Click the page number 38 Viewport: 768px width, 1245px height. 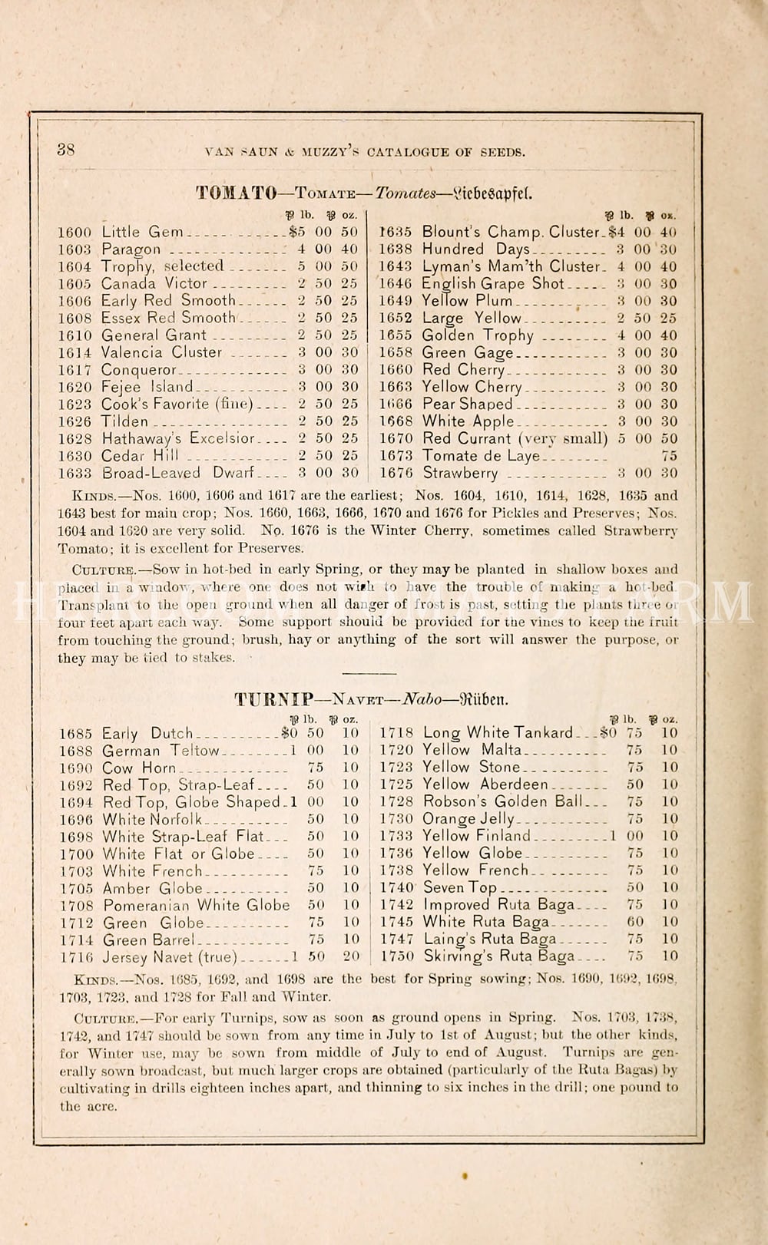click(x=66, y=150)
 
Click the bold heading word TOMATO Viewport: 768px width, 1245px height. click(x=236, y=193)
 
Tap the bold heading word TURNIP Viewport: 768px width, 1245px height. click(x=274, y=699)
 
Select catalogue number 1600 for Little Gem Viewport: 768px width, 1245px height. click(x=74, y=232)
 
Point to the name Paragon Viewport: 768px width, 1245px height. click(x=131, y=249)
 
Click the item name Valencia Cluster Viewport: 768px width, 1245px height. click(x=162, y=352)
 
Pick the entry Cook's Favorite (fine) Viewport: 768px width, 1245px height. click(x=177, y=404)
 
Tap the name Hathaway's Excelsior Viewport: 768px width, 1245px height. click(x=178, y=438)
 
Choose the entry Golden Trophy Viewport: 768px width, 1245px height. click(x=478, y=335)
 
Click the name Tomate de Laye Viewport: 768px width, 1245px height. click(x=482, y=456)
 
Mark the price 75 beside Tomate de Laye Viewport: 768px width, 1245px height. click(x=669, y=456)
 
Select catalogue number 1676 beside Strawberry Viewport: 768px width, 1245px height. click(x=396, y=474)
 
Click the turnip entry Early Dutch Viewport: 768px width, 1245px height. click(x=147, y=734)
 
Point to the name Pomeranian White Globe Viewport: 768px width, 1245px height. click(x=197, y=906)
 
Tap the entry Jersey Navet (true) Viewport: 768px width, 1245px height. click(x=170, y=957)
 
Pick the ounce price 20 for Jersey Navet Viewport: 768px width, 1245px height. click(x=351, y=956)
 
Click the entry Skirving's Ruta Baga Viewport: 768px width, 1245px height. click(x=498, y=956)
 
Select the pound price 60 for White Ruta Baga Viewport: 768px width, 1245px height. click(x=634, y=922)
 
